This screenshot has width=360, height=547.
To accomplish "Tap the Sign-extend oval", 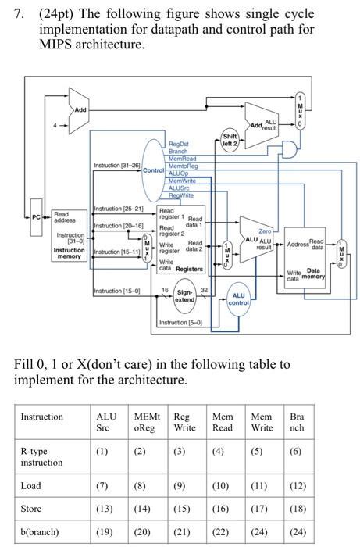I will [184, 297].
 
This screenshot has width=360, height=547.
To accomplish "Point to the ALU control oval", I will [238, 299].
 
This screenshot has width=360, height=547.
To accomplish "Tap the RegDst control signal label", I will [179, 145].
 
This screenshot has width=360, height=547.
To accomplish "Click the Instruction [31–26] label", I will [116, 166].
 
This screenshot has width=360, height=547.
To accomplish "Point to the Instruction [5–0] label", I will [180, 323].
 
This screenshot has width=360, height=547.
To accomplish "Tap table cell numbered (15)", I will [180, 509].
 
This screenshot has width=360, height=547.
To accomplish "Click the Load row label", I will [30, 485].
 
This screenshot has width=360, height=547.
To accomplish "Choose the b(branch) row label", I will [40, 532].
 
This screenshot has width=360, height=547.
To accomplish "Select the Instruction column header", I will [42, 417].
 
